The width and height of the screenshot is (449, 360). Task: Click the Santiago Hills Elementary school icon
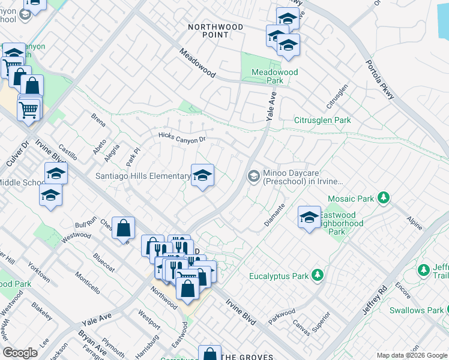[x=202, y=176]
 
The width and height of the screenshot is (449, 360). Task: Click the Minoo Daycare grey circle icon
[x=253, y=176]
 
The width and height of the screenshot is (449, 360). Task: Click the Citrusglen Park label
[x=322, y=121]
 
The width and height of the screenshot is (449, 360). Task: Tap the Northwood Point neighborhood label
[x=215, y=31]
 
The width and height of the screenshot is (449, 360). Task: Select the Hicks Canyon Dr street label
[x=182, y=139]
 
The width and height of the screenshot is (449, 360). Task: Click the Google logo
[x=20, y=353]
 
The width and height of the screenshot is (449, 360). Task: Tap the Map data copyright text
[x=411, y=355]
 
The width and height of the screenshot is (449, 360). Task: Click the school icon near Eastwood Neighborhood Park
[x=309, y=217]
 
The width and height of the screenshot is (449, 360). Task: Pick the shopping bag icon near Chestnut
[x=123, y=228]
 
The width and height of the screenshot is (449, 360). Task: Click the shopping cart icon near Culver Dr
[x=28, y=110]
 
